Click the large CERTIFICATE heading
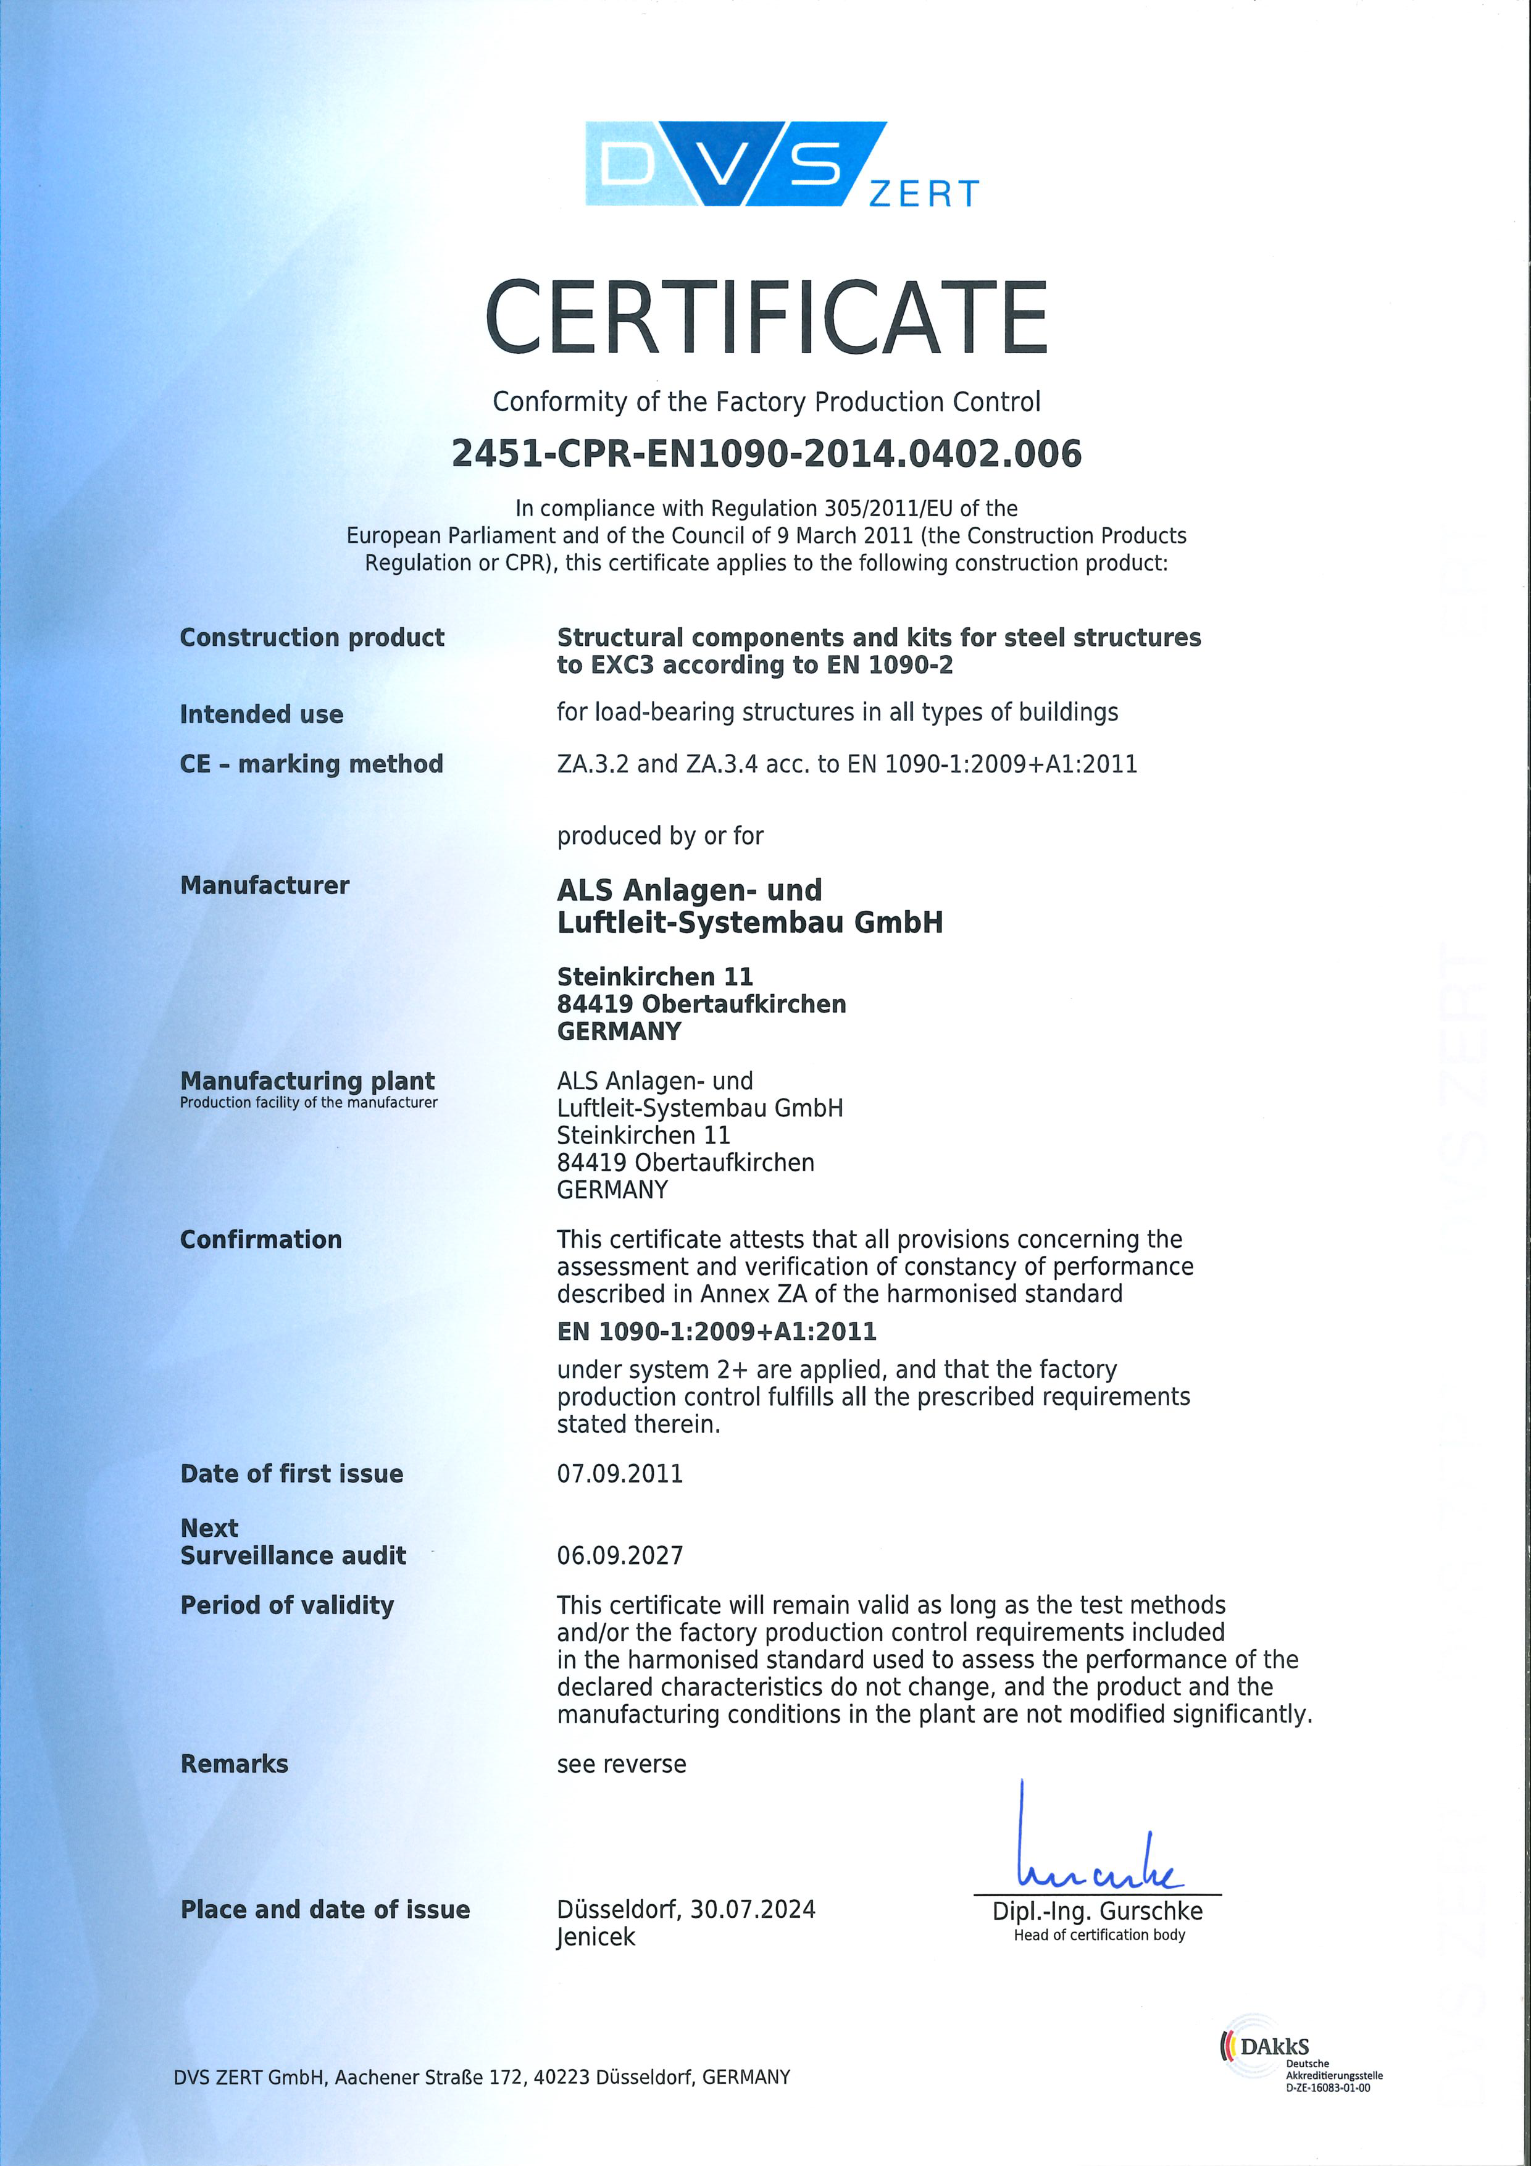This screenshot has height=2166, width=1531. (766, 318)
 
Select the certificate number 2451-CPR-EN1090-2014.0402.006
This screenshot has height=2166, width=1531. (766, 454)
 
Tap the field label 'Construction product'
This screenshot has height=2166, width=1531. (311, 638)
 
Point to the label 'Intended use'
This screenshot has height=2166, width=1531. (261, 714)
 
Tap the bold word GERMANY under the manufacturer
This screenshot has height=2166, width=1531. (619, 1031)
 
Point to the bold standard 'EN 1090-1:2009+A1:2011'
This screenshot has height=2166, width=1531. (716, 1331)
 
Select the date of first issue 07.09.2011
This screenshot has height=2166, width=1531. (620, 1474)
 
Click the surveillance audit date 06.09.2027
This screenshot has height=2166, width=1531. (620, 1555)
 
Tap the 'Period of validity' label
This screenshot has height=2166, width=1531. (287, 1605)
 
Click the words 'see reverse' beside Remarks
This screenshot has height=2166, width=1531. (622, 1763)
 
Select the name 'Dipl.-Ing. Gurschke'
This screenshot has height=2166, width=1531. (1097, 1911)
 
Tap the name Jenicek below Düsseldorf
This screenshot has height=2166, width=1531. (595, 1937)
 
